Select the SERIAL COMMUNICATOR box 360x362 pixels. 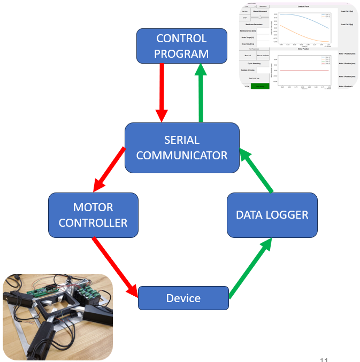[x=182, y=148]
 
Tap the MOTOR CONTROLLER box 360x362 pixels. [x=93, y=215]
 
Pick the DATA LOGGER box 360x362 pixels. [x=272, y=215]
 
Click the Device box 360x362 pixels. [x=183, y=298]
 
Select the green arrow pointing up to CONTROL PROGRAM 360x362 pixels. [x=202, y=91]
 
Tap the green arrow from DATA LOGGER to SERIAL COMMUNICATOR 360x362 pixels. [x=256, y=171]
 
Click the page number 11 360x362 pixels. [x=324, y=359]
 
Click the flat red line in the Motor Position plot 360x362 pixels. [x=305, y=70]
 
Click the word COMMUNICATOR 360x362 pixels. [x=182, y=156]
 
